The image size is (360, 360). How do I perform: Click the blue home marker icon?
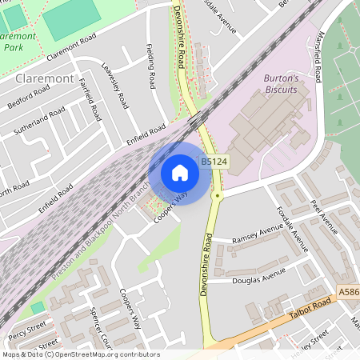(x=180, y=173)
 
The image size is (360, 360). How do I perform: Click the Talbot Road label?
(x=310, y=310)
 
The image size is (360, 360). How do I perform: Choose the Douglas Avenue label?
(x=258, y=276)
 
